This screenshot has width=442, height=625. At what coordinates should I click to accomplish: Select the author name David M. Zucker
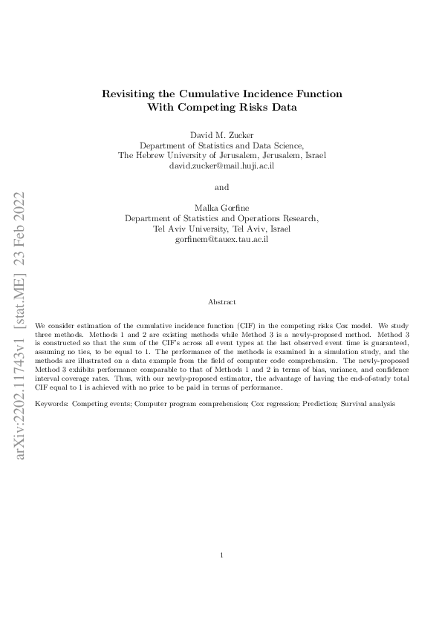pyautogui.click(x=221, y=134)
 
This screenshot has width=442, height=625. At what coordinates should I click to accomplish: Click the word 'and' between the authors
pyautogui.click(x=221, y=187)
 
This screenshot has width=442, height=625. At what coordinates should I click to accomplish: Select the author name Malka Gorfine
pyautogui.click(x=221, y=208)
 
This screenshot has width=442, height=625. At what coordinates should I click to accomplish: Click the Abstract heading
pyautogui.click(x=221, y=302)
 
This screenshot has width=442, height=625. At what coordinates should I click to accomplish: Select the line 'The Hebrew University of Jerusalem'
pyautogui.click(x=221, y=156)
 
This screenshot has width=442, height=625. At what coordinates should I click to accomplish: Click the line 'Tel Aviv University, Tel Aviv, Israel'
pyautogui.click(x=221, y=229)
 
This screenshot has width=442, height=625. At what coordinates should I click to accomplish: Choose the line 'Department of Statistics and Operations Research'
pyautogui.click(x=221, y=219)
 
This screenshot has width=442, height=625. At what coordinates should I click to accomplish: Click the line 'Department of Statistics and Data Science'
pyautogui.click(x=221, y=145)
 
